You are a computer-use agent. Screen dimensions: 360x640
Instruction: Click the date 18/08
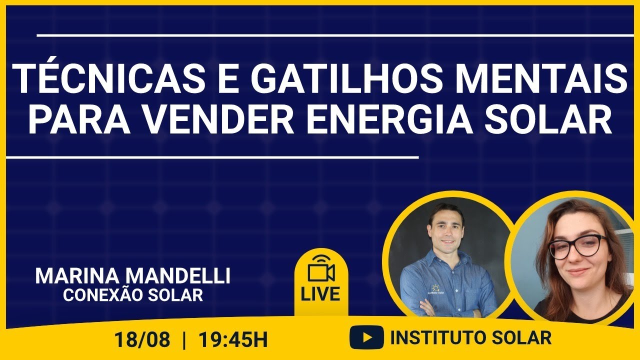click(142, 340)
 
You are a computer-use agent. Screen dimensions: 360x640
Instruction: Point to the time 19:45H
click(233, 340)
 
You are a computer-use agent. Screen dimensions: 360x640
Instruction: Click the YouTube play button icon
click(366, 338)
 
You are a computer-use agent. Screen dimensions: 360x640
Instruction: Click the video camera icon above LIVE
click(321, 270)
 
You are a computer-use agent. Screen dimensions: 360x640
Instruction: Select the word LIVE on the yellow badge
click(320, 294)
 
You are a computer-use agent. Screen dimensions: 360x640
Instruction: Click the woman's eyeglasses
click(577, 245)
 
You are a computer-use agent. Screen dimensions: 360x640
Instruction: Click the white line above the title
click(335, 35)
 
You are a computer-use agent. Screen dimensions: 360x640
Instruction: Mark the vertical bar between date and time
click(185, 340)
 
